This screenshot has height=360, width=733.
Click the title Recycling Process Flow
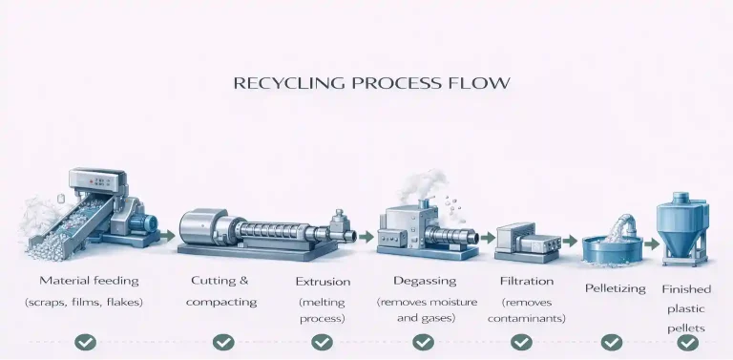371,83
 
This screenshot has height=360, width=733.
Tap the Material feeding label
90,281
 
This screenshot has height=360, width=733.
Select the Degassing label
425,281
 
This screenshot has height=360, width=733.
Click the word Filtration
527,281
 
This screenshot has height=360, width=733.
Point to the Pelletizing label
616,288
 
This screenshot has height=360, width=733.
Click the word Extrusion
323,282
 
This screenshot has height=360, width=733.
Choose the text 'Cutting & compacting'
221,291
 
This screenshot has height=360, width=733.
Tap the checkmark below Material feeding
86,342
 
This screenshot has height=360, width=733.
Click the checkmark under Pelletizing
612,342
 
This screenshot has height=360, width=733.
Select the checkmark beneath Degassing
423,342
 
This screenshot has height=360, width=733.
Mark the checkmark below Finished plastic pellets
687,342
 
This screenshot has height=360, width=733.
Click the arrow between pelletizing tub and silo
652,244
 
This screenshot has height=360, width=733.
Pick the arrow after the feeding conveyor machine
167,236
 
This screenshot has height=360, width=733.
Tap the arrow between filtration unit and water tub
570,241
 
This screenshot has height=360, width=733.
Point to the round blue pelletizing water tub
613,250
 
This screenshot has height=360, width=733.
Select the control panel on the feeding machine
97,180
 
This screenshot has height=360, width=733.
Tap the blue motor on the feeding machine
142,223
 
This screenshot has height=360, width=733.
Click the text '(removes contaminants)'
527,310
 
